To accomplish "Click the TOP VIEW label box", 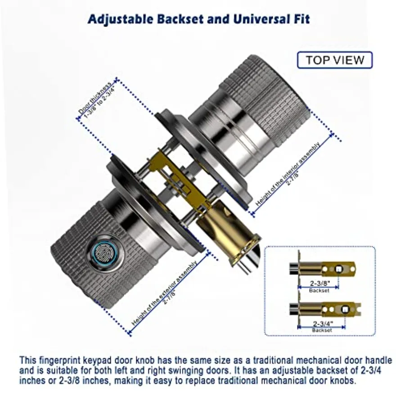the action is tap(335, 60).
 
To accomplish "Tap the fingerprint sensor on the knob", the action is tap(107, 251).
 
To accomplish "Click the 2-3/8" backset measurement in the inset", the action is tap(320, 283).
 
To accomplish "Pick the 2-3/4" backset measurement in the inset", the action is tap(323, 324).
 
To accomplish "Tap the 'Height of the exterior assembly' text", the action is tap(165, 292).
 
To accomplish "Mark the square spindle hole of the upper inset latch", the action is tap(338, 270).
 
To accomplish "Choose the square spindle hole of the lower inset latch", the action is tap(345, 310).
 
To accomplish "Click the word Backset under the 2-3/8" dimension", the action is tap(319, 291).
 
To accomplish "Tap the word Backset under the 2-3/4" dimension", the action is tap(322, 330).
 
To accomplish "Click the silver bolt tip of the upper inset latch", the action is tap(294, 267).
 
